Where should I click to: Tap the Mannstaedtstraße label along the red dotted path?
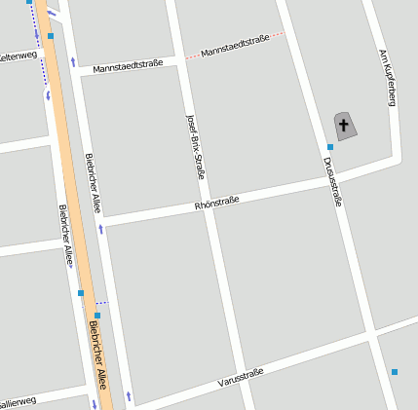point(234,44)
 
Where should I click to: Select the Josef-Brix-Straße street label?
point(195,146)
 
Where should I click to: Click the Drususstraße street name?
point(332,179)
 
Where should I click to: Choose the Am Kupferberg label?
point(386,77)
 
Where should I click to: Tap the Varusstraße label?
point(241,376)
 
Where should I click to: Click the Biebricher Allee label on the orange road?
point(100,355)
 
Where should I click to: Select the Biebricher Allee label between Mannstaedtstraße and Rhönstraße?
point(93,183)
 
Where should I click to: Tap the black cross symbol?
point(343,125)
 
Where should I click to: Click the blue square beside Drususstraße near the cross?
point(330,147)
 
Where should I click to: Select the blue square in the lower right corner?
point(395,372)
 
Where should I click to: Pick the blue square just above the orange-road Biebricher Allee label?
point(97,316)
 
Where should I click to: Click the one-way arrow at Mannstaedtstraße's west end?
point(74,63)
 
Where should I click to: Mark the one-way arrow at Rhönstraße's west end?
point(100,228)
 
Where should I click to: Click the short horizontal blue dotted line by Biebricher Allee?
point(101,303)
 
